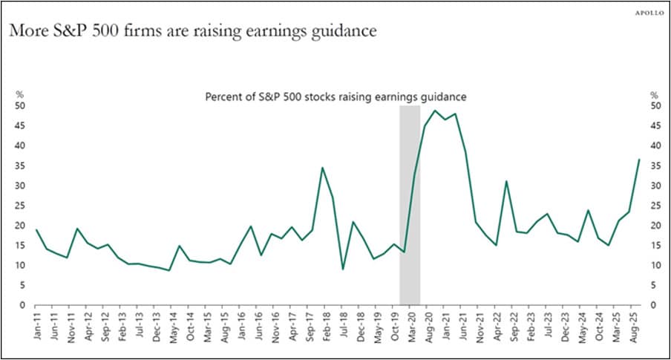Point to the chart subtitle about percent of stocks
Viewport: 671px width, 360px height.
pos(335,96)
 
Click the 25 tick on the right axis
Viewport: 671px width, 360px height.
pos(655,206)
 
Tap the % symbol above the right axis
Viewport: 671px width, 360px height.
pos(654,94)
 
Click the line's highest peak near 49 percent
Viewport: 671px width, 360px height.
pos(434,111)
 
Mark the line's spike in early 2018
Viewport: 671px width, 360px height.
pos(321,168)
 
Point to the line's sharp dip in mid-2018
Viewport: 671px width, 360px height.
pos(343,269)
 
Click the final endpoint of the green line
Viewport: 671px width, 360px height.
pos(640,160)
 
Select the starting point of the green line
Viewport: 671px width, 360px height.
pos(36,229)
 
